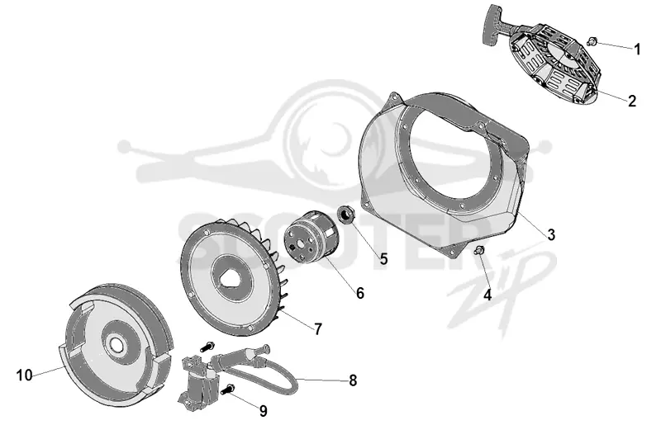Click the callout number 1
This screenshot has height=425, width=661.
(637, 50)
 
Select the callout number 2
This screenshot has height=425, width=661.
(631, 101)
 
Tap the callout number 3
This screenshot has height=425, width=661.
(551, 234)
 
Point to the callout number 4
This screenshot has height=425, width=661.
(487, 295)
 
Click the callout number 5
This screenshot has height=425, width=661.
(383, 258)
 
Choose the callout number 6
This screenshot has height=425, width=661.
(359, 293)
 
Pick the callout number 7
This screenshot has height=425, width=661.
(318, 329)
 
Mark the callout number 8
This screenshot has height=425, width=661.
(353, 380)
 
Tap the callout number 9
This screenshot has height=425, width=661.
(263, 411)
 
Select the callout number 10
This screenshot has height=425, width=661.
(25, 375)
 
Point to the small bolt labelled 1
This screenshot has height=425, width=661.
(592, 41)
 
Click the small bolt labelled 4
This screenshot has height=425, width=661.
(479, 251)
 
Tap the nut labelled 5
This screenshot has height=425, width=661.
(347, 215)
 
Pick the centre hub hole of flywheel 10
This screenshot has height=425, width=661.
(117, 343)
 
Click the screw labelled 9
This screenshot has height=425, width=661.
(228, 390)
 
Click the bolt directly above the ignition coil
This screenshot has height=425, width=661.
(207, 347)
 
